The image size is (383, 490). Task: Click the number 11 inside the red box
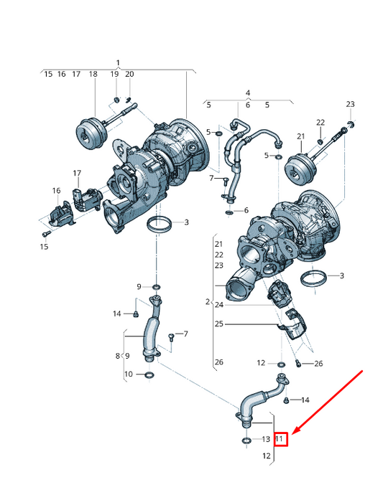coord(280,438)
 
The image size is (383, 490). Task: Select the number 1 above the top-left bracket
coord(119,63)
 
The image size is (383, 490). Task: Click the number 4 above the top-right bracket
coord(247,93)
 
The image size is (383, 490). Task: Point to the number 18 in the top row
coord(93,74)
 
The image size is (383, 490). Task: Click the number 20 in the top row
coord(129,74)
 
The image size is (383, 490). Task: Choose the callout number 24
coord(218,305)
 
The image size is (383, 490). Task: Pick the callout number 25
coord(218,324)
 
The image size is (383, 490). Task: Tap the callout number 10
coord(128,374)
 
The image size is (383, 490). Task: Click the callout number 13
coord(264,438)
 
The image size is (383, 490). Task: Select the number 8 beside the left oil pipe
coord(118,356)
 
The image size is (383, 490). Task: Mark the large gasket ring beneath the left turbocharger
coord(160,225)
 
